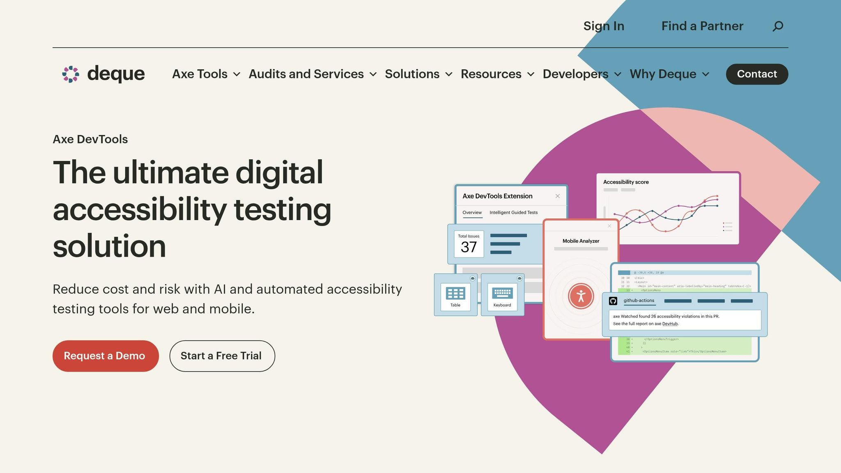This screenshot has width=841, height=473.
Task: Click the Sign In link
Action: pos(604,26)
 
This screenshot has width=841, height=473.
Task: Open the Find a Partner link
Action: pos(702,26)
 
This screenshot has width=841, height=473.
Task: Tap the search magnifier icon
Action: pos(778,26)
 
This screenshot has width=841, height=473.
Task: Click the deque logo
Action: pos(103,74)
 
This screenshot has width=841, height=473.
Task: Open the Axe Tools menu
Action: pos(206,74)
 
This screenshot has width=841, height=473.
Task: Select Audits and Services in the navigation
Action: pos(312,74)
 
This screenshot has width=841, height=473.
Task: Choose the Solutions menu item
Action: pos(418,74)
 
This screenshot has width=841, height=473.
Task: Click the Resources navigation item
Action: pos(497,74)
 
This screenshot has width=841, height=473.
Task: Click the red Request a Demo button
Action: pos(106,356)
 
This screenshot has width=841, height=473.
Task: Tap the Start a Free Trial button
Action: pos(222,356)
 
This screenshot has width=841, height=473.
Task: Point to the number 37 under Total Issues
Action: pos(469,247)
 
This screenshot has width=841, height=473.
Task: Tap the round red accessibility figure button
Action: pos(581,296)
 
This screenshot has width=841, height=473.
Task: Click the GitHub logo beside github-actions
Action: pos(613,301)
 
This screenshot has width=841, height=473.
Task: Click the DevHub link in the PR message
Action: pos(670,324)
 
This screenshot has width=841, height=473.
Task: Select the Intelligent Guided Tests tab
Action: pos(513,213)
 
